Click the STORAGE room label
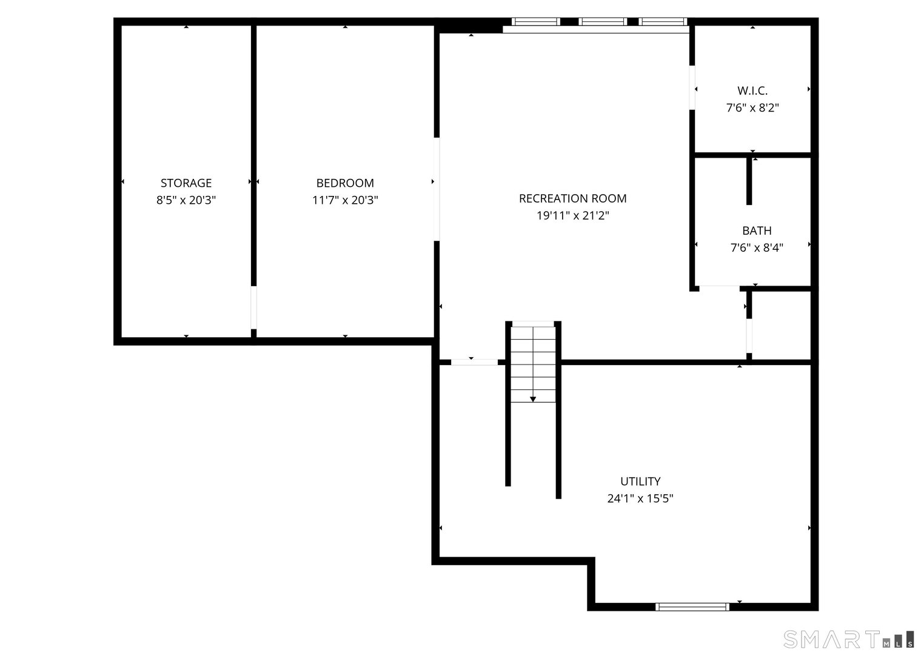click(x=186, y=183)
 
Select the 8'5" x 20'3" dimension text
click(x=186, y=200)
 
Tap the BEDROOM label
click(x=345, y=183)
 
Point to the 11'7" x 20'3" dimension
click(x=345, y=200)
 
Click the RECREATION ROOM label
click(x=572, y=198)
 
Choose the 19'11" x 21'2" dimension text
click(x=572, y=215)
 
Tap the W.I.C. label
click(x=752, y=91)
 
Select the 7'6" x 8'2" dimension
click(x=752, y=108)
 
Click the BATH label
click(x=757, y=230)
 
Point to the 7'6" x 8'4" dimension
click(x=757, y=247)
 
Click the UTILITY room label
click(x=640, y=482)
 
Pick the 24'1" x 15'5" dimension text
click(x=640, y=499)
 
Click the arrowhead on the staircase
click(x=533, y=398)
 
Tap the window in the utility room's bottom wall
click(x=692, y=606)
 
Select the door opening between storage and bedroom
click(x=253, y=307)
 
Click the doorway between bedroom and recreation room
click(x=436, y=190)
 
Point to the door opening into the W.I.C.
click(x=692, y=87)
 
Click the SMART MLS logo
click(x=849, y=639)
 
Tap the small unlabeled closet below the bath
click(x=782, y=326)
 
